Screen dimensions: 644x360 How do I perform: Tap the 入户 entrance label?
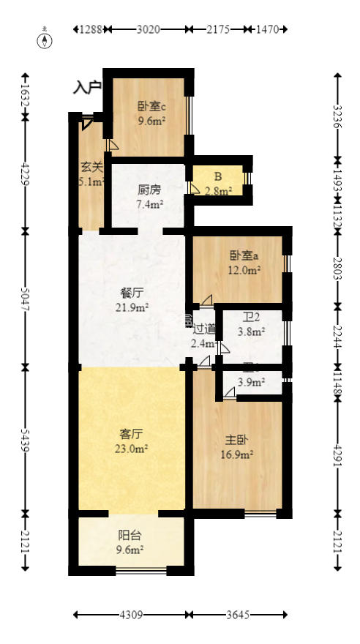(87, 88)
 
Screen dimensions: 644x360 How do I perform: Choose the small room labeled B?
(218, 176)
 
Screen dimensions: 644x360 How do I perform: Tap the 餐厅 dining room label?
(131, 293)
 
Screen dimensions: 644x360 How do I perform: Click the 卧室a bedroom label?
(244, 256)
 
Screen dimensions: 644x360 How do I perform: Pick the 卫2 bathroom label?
(252, 318)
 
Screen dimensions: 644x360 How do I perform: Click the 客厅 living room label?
(131, 434)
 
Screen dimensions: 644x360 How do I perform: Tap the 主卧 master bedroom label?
(236, 441)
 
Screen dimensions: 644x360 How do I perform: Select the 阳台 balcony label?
(129, 535)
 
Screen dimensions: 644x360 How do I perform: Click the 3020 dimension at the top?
(149, 30)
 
